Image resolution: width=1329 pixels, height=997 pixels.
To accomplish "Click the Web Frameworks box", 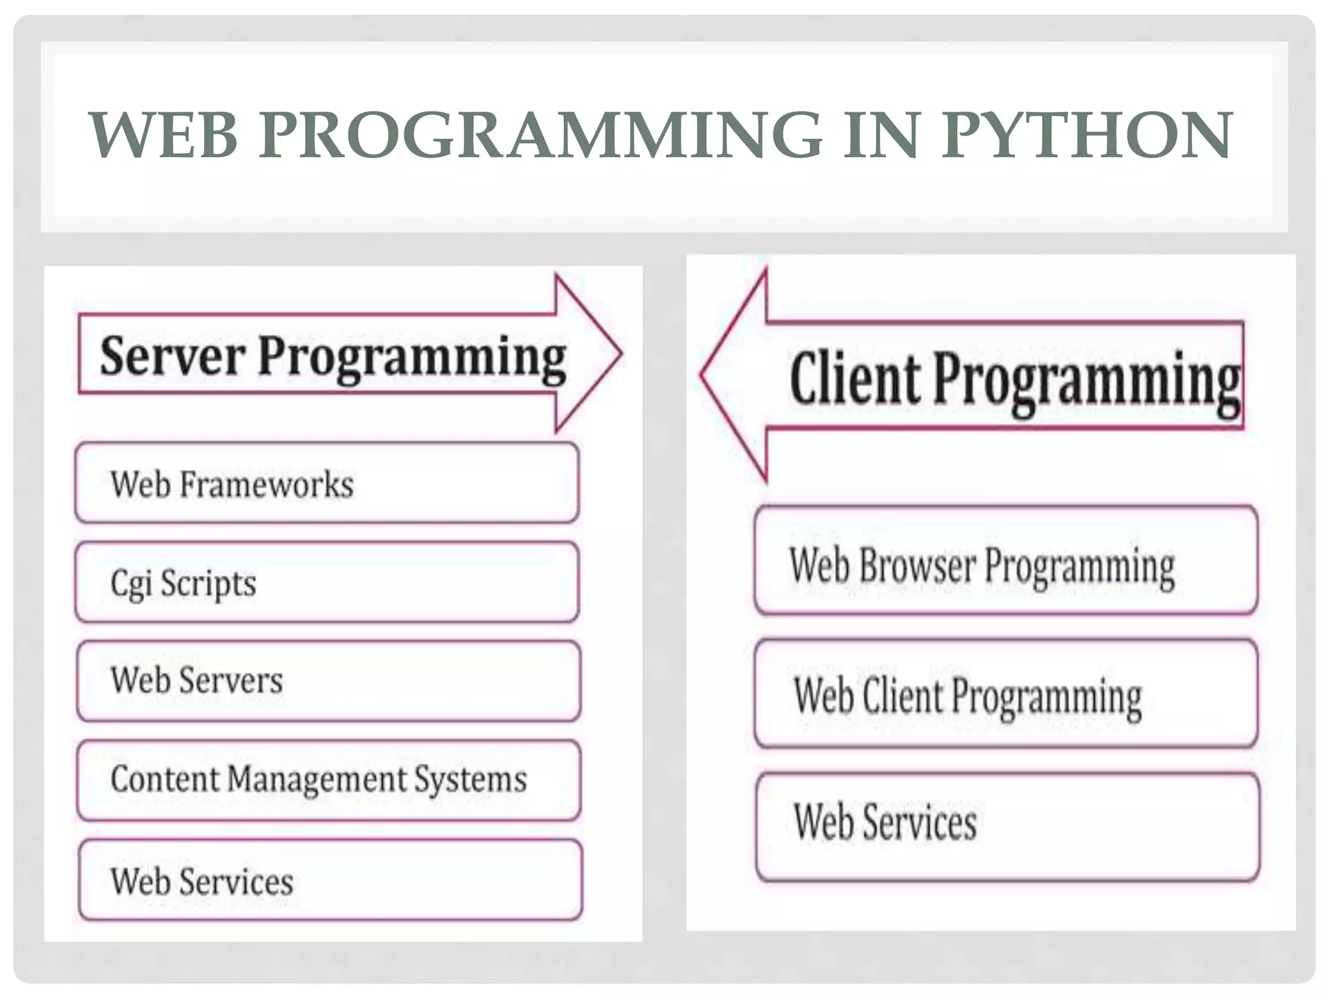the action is pos(327,483).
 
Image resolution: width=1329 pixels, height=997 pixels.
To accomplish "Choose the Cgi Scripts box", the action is pos(327,582).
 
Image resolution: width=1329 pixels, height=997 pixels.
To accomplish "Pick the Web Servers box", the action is pos(328,681).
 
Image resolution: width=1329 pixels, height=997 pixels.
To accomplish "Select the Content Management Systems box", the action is pos(328,780).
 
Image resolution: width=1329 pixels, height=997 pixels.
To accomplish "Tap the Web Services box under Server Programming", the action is pos(330,880).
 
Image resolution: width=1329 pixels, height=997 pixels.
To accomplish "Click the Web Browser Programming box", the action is pos(1006,561).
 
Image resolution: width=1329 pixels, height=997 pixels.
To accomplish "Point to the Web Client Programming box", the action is pos(1006,694).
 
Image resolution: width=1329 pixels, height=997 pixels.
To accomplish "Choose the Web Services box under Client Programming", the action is pos(1007,826).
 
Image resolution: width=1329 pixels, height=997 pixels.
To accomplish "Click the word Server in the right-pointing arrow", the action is pos(173,356).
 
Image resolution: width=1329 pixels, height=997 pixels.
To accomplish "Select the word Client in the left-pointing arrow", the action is pos(855,378).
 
